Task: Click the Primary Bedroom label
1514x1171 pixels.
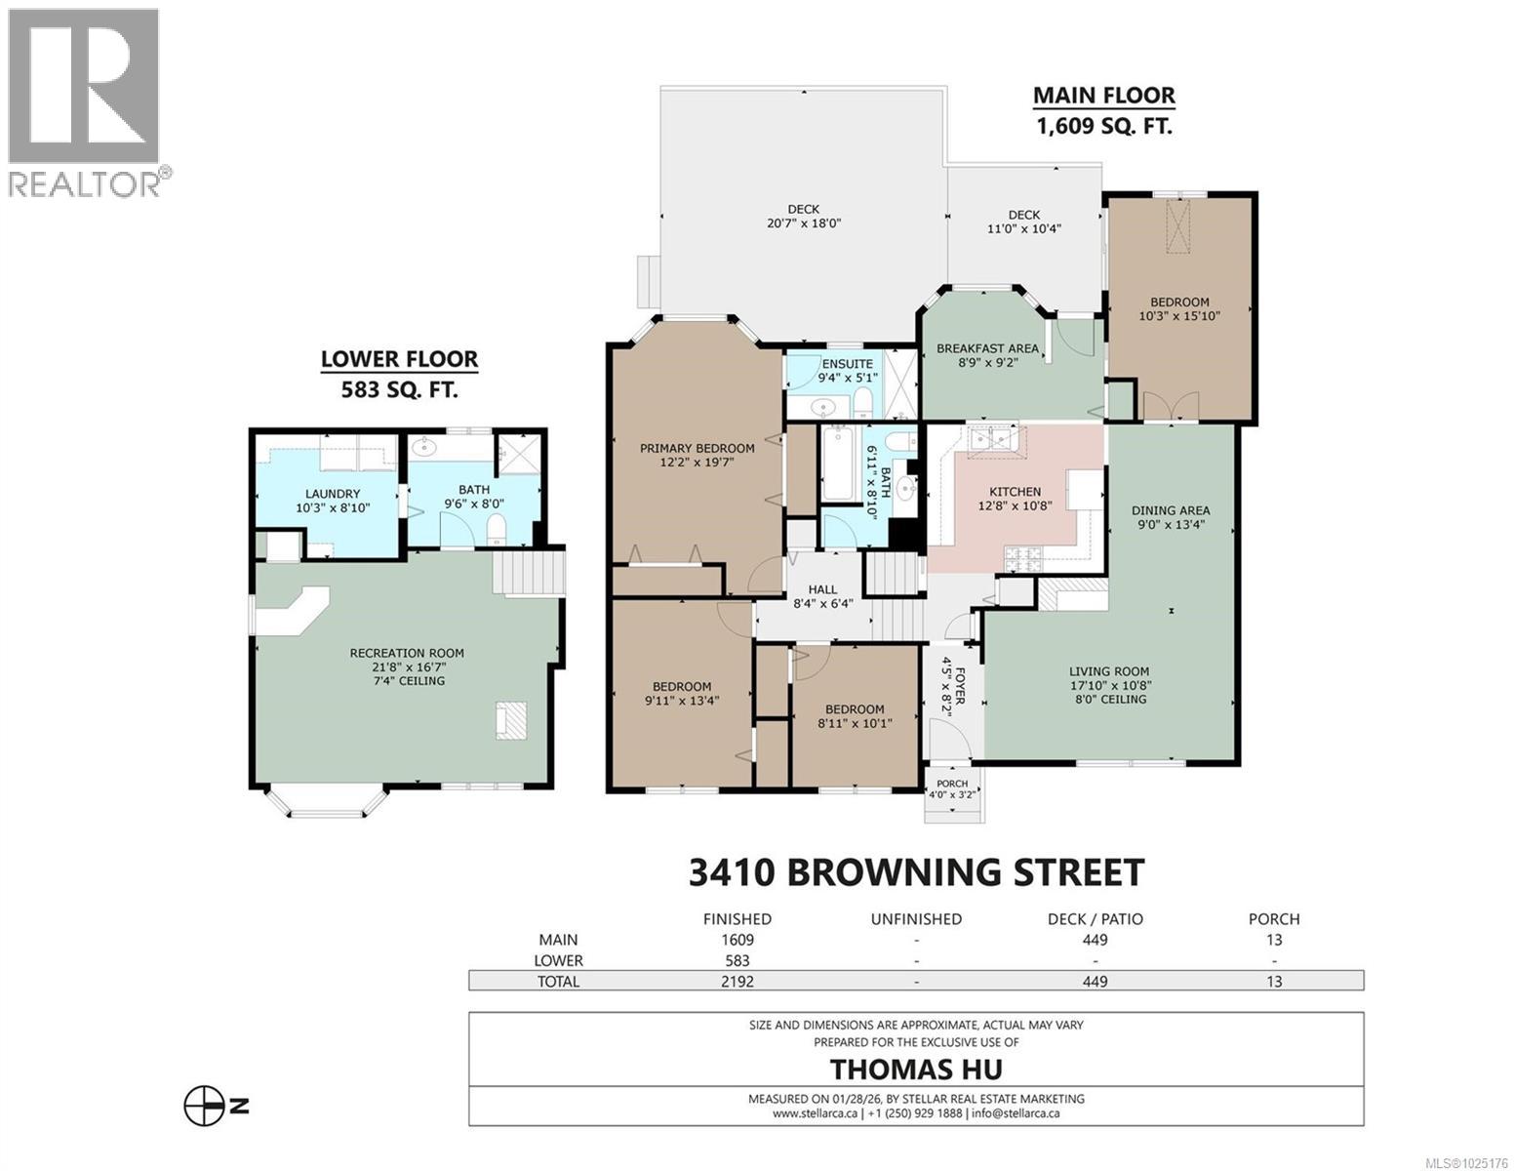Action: (x=697, y=448)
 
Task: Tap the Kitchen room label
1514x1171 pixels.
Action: (x=1015, y=492)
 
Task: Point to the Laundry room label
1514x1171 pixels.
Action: (x=333, y=494)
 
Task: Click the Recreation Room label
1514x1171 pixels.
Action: (x=407, y=653)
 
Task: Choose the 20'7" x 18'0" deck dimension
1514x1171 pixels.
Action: (x=804, y=222)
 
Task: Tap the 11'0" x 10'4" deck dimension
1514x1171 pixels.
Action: (x=1023, y=228)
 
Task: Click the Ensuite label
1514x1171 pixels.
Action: (x=847, y=364)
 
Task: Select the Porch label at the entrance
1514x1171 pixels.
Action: (x=952, y=783)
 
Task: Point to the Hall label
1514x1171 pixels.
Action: (x=822, y=589)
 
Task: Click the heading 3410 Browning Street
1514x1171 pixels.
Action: (x=916, y=871)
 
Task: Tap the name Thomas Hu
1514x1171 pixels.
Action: (x=915, y=1069)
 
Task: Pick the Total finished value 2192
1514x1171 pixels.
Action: (x=737, y=982)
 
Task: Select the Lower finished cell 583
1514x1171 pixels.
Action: (x=737, y=960)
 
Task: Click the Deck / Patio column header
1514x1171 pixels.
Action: (x=1095, y=918)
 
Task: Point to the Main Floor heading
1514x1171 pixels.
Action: (x=1103, y=96)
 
